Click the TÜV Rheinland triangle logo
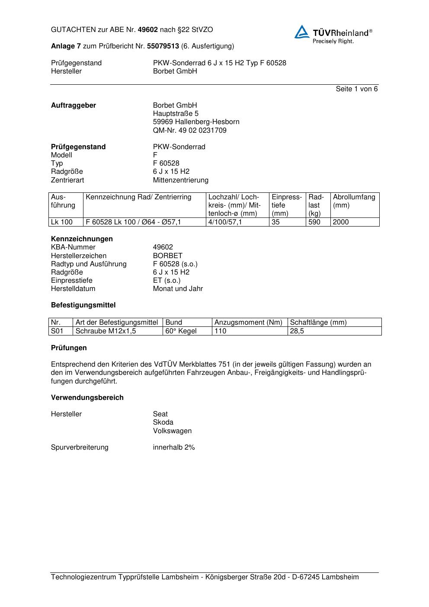pyautogui.click(x=302, y=32)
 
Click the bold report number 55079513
pyautogui.click(x=163, y=46)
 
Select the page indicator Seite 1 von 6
pyautogui.click(x=356, y=89)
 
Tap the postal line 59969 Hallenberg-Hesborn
pyautogui.click(x=196, y=122)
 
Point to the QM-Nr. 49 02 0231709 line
pyautogui.click(x=189, y=130)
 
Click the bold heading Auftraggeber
pyautogui.click(x=74, y=105)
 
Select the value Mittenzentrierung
pyautogui.click(x=180, y=180)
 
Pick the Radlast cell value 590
pyautogui.click(x=314, y=222)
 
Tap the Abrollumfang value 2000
pyautogui.click(x=341, y=222)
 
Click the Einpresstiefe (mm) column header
pyautogui.click(x=287, y=205)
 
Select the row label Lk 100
pyautogui.click(x=61, y=222)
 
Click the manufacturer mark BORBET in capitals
pyautogui.click(x=167, y=256)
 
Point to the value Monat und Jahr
pyautogui.click(x=178, y=288)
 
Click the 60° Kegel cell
pyautogui.click(x=181, y=331)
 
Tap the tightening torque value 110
pyautogui.click(x=221, y=331)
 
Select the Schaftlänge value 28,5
pyautogui.click(x=297, y=331)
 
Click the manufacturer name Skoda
pyautogui.click(x=163, y=422)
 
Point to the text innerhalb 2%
pyautogui.click(x=174, y=447)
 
